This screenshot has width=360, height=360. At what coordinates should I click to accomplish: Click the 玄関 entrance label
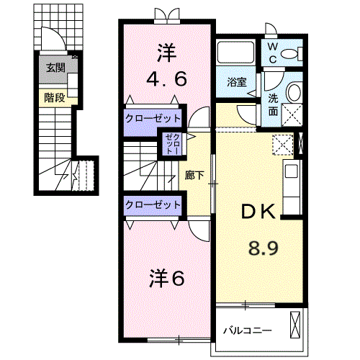(55, 68)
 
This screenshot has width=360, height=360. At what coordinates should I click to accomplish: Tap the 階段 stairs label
(55, 98)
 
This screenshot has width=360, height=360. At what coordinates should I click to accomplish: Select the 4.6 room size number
(166, 79)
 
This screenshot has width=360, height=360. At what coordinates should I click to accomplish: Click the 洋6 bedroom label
(167, 278)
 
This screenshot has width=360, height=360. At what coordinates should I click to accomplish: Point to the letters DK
(258, 212)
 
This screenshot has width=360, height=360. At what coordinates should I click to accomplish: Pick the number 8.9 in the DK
(264, 248)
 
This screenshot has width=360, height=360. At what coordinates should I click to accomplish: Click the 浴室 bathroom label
(237, 82)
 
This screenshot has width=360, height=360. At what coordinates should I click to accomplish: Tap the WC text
(273, 53)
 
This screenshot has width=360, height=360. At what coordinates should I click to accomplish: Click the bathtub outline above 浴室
(235, 53)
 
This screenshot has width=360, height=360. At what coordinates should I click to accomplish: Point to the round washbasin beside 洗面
(294, 93)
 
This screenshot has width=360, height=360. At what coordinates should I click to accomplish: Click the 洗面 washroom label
(273, 105)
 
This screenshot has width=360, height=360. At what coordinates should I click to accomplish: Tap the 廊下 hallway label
(194, 175)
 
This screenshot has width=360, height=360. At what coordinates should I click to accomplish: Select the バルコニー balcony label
(248, 330)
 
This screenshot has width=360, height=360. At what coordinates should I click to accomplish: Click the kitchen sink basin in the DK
(292, 171)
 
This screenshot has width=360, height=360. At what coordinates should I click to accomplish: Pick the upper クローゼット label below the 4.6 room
(153, 118)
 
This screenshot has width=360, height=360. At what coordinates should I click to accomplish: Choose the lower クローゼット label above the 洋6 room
(153, 204)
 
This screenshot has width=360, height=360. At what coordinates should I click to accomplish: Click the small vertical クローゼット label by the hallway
(173, 144)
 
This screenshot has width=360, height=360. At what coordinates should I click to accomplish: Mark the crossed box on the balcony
(295, 325)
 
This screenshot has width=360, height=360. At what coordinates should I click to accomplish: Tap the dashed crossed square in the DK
(283, 145)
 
